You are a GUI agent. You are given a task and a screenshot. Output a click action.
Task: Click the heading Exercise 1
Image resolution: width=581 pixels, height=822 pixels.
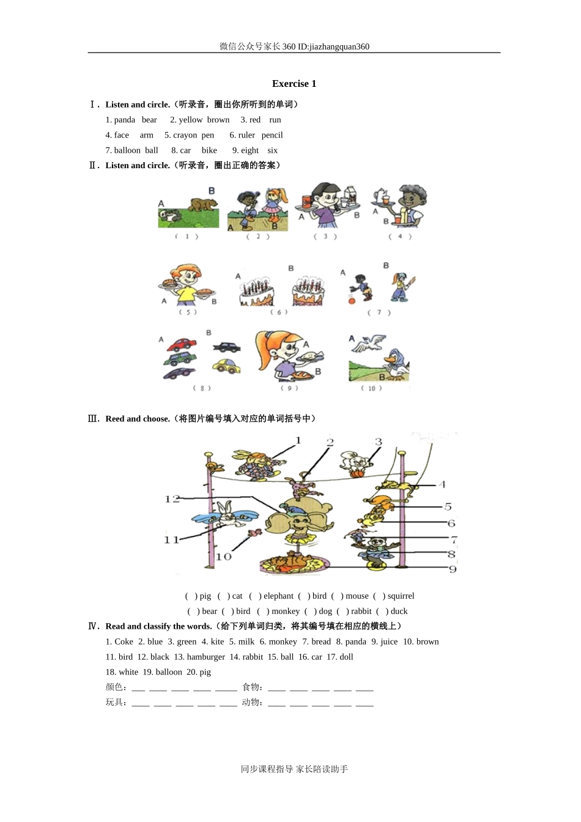click(x=294, y=84)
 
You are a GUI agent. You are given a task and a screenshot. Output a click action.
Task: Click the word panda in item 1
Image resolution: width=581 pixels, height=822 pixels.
click(x=124, y=120)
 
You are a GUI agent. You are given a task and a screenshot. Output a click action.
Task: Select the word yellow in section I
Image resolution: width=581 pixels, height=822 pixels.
click(x=191, y=120)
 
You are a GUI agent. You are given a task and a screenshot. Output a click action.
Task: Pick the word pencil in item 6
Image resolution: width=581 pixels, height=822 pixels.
click(x=272, y=135)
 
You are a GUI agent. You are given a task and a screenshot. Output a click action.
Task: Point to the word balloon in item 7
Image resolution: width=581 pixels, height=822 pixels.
click(x=127, y=150)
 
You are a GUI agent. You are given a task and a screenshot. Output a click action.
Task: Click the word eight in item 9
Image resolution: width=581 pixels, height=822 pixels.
click(x=250, y=150)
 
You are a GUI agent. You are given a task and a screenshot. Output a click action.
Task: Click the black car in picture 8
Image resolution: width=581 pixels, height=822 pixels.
click(x=227, y=347)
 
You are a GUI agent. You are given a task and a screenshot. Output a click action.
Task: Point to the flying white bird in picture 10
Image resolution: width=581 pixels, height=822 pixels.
click(x=371, y=343)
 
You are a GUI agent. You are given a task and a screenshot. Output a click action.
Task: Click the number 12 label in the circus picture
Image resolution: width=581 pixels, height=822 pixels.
click(x=172, y=499)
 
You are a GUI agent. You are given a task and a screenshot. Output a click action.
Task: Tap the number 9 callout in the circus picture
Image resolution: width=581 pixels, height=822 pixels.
click(x=453, y=569)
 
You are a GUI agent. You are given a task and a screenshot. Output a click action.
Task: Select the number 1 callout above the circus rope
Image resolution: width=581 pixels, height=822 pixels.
click(x=298, y=440)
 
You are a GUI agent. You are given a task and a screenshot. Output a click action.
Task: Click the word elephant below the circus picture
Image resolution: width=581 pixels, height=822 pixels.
click(x=278, y=596)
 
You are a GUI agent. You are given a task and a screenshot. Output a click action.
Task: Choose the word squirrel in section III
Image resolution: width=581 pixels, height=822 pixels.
click(x=401, y=596)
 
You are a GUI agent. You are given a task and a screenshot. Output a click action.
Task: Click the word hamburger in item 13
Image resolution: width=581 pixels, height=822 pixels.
click(x=205, y=657)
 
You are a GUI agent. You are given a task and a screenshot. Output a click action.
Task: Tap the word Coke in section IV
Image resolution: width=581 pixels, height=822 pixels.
click(x=124, y=642)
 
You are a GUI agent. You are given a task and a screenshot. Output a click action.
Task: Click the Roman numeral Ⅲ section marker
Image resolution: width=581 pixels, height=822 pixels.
click(x=94, y=419)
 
